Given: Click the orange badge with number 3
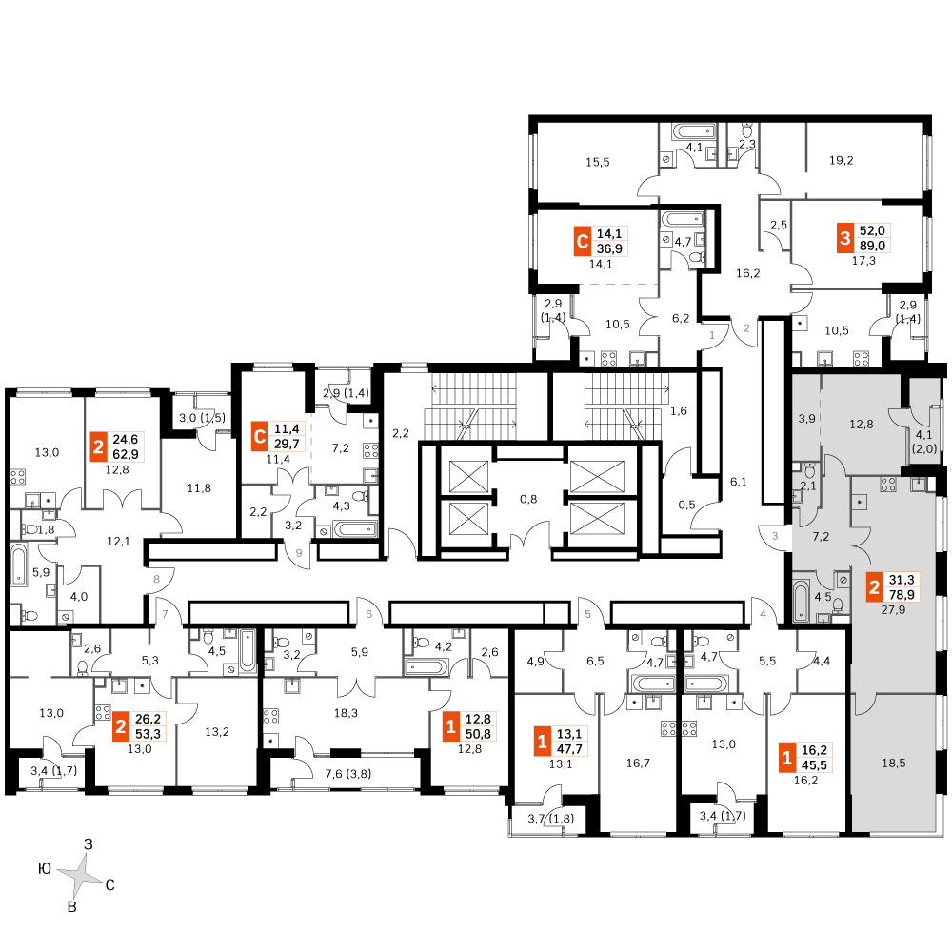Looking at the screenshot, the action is point(845,238).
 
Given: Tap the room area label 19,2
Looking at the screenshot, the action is point(841,160).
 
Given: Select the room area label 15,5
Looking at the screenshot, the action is point(598,162).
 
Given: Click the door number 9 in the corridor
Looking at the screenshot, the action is point(299,553).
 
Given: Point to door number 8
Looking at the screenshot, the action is point(157,579).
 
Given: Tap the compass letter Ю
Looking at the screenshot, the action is point(45,869).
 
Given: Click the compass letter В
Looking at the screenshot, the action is point(71,907).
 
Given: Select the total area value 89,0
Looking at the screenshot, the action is point(872,246).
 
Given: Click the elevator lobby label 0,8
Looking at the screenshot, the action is point(528,499).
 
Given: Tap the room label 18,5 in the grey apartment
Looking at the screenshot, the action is point(893,763).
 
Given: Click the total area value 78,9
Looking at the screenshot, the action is point(901,594).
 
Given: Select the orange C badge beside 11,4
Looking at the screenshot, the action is point(260,437).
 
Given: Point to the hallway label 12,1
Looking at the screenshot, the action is point(118,541).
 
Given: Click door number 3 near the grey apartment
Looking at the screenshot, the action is point(775,536).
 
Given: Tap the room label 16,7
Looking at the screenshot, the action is point(638,764).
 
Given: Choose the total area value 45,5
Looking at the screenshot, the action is point(814,765).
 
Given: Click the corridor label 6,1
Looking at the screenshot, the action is point(739,482).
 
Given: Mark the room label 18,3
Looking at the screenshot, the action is point(346,713).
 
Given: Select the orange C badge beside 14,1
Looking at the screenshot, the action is point(583,242).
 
